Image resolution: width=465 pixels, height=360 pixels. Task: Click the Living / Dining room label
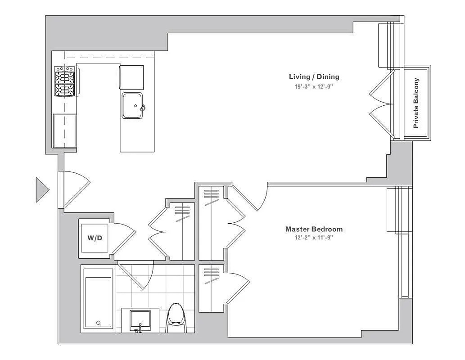[314, 76]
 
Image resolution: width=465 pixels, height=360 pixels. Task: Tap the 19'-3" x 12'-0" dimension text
[314, 87]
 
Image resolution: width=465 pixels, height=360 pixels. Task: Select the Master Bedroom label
[314, 229]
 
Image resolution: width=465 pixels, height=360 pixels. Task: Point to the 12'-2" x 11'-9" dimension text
[314, 238]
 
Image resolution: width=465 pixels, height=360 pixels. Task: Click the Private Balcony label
[416, 103]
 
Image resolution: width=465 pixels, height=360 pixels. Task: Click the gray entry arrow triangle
[42, 190]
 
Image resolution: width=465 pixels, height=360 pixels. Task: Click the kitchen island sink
[133, 105]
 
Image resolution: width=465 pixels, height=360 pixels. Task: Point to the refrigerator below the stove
[65, 130]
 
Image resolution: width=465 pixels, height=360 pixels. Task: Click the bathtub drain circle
[99, 323]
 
